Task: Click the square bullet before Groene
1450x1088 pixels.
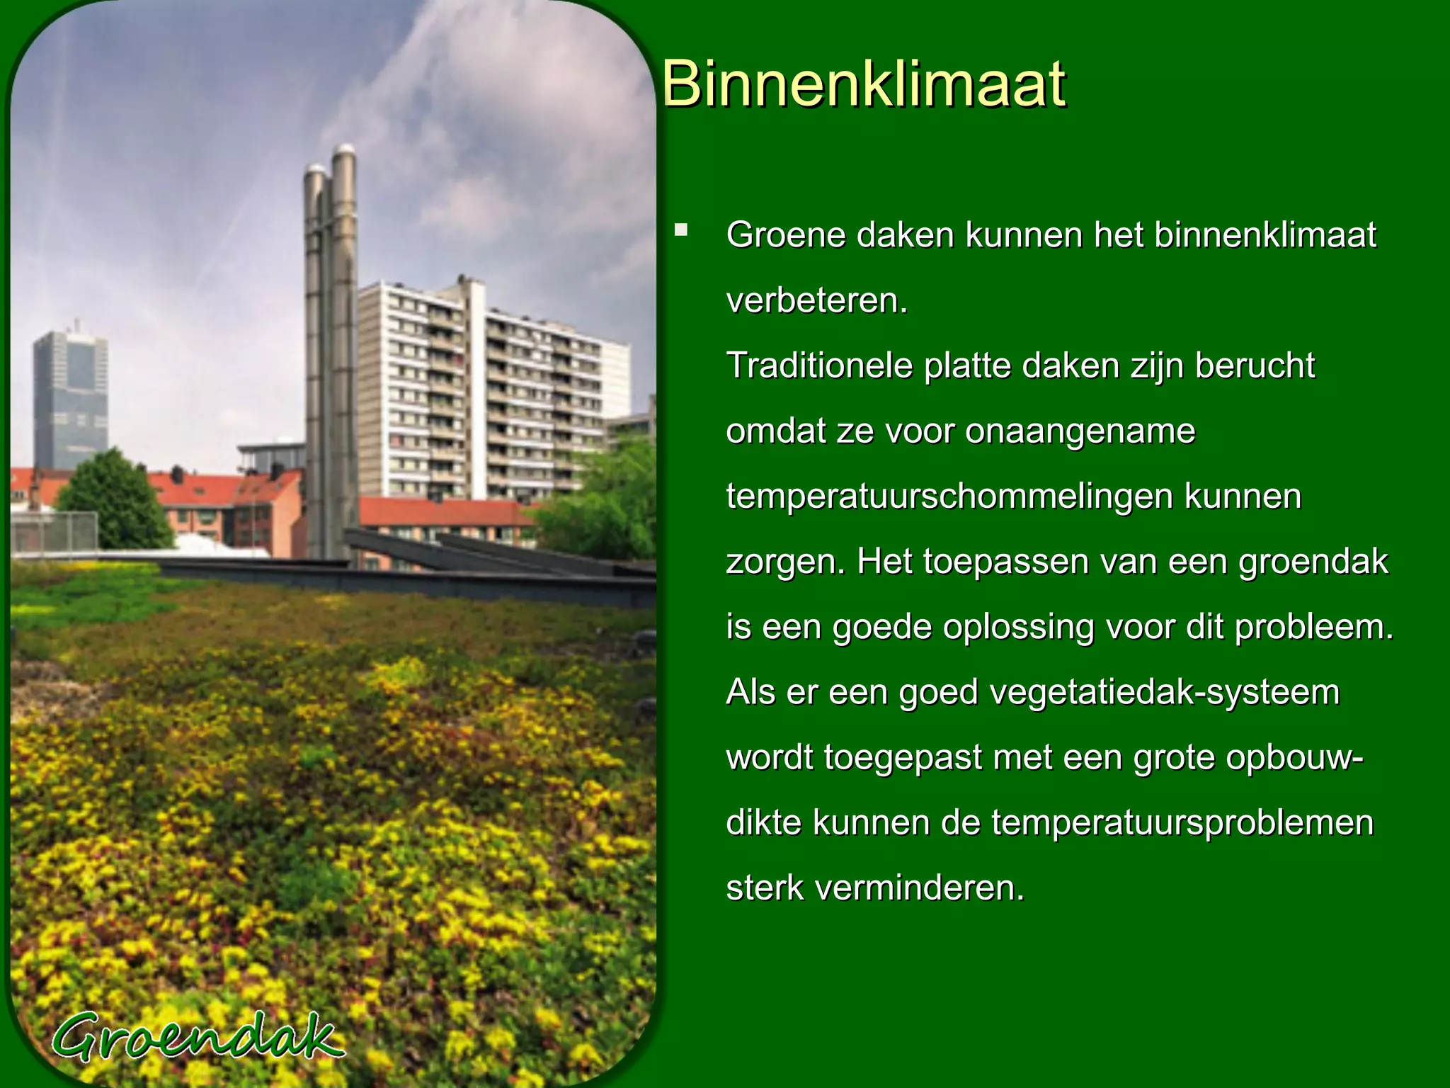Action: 681,229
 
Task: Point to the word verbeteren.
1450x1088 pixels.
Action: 816,301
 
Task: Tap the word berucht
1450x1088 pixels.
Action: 1255,366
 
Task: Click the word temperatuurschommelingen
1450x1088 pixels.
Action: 949,497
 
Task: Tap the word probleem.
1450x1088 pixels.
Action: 1313,628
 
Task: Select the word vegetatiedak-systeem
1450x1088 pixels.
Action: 1164,693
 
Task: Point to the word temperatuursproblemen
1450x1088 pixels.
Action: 1182,823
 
